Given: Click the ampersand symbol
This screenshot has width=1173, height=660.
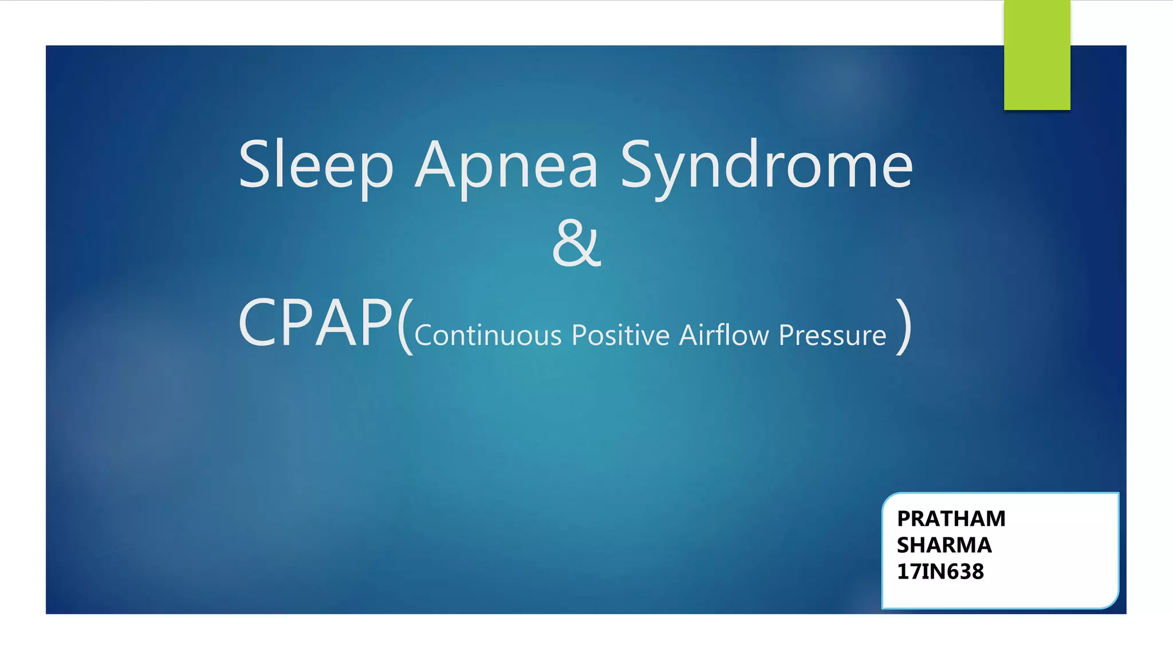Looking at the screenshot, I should tap(576, 243).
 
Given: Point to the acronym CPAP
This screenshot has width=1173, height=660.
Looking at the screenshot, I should tap(316, 324).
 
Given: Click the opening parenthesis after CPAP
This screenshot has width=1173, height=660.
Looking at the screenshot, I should tap(404, 327).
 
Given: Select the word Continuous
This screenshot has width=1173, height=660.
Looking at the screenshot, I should tap(487, 335).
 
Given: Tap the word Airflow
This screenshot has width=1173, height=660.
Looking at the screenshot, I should tap(724, 335).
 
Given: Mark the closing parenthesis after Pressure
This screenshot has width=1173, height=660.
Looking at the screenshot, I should tap(904, 327).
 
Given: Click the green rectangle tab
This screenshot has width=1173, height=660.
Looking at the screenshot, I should tap(1037, 55).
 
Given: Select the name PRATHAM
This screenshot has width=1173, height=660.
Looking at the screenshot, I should tap(951, 518).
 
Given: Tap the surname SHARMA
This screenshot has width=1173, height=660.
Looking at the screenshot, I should tap(944, 545).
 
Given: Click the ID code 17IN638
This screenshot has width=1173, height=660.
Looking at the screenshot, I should tap(940, 572).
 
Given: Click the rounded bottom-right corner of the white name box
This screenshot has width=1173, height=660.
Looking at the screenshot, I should tap(1111, 601).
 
